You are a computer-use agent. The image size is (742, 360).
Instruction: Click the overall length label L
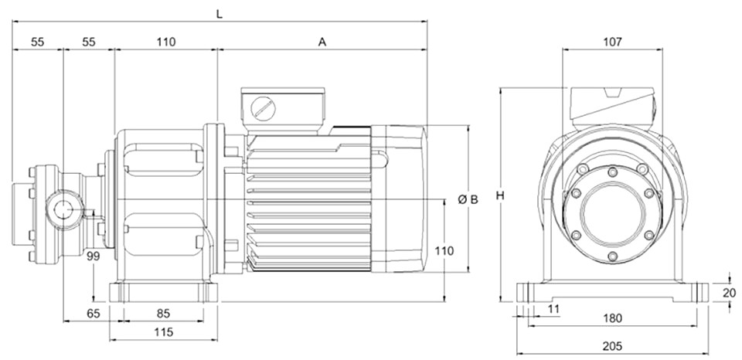[x=219, y=14]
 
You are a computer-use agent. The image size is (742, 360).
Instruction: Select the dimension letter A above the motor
[x=322, y=42]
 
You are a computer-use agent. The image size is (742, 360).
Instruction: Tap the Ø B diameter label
[x=468, y=199]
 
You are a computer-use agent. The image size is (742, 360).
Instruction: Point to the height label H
[x=500, y=195]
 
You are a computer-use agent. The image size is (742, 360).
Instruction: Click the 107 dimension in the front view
[x=612, y=42]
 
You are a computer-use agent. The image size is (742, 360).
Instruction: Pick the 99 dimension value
[x=94, y=256]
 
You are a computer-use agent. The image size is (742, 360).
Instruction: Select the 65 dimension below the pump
[x=94, y=313]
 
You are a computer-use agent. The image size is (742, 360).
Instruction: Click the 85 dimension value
[x=163, y=313]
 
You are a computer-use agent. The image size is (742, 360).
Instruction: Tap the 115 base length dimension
[x=164, y=332]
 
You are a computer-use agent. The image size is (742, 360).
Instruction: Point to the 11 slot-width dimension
[x=553, y=309]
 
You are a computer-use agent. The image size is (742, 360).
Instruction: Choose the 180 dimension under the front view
[x=613, y=318]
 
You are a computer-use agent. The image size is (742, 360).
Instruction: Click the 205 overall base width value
[x=613, y=346]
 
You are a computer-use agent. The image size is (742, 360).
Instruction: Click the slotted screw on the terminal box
[x=263, y=109]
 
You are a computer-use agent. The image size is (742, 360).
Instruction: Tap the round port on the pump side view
[x=63, y=209]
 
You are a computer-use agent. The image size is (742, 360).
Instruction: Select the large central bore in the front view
[x=613, y=214]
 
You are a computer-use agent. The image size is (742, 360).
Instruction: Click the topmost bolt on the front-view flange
[x=613, y=172]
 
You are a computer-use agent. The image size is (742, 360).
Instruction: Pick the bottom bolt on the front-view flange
[x=613, y=256]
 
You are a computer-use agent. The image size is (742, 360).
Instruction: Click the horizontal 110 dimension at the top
[x=166, y=42]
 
